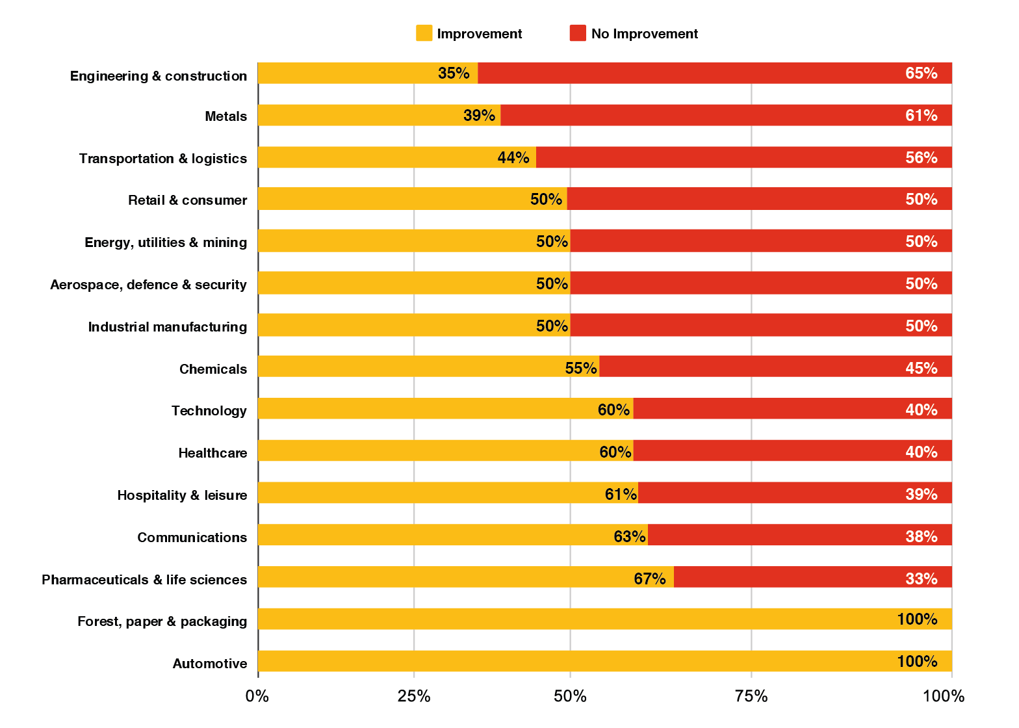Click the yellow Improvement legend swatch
[x=424, y=34]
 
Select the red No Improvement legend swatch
[x=577, y=34]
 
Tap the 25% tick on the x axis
[x=414, y=697]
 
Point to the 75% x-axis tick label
[x=751, y=697]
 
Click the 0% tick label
[x=257, y=697]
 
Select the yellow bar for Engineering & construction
[x=367, y=73]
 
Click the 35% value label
[x=454, y=73]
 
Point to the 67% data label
[x=650, y=578]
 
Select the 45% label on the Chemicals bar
[x=921, y=368]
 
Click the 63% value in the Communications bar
[x=629, y=536]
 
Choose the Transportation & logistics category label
[x=163, y=159]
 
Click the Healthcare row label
[x=213, y=453]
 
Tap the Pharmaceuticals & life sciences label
[x=144, y=580]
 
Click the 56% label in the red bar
[x=921, y=157]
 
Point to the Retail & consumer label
[x=187, y=200]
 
